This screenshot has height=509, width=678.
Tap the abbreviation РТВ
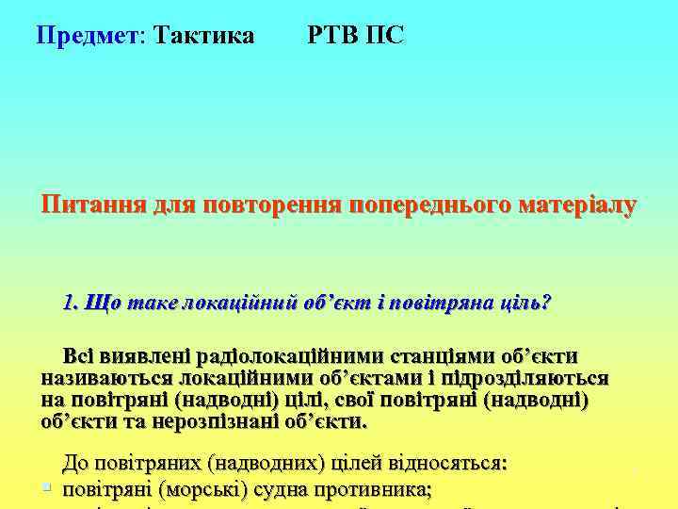point(331,36)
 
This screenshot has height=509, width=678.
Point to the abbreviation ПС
point(384,36)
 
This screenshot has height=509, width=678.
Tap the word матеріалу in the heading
point(573,205)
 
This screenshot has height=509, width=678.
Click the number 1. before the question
point(71,304)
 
